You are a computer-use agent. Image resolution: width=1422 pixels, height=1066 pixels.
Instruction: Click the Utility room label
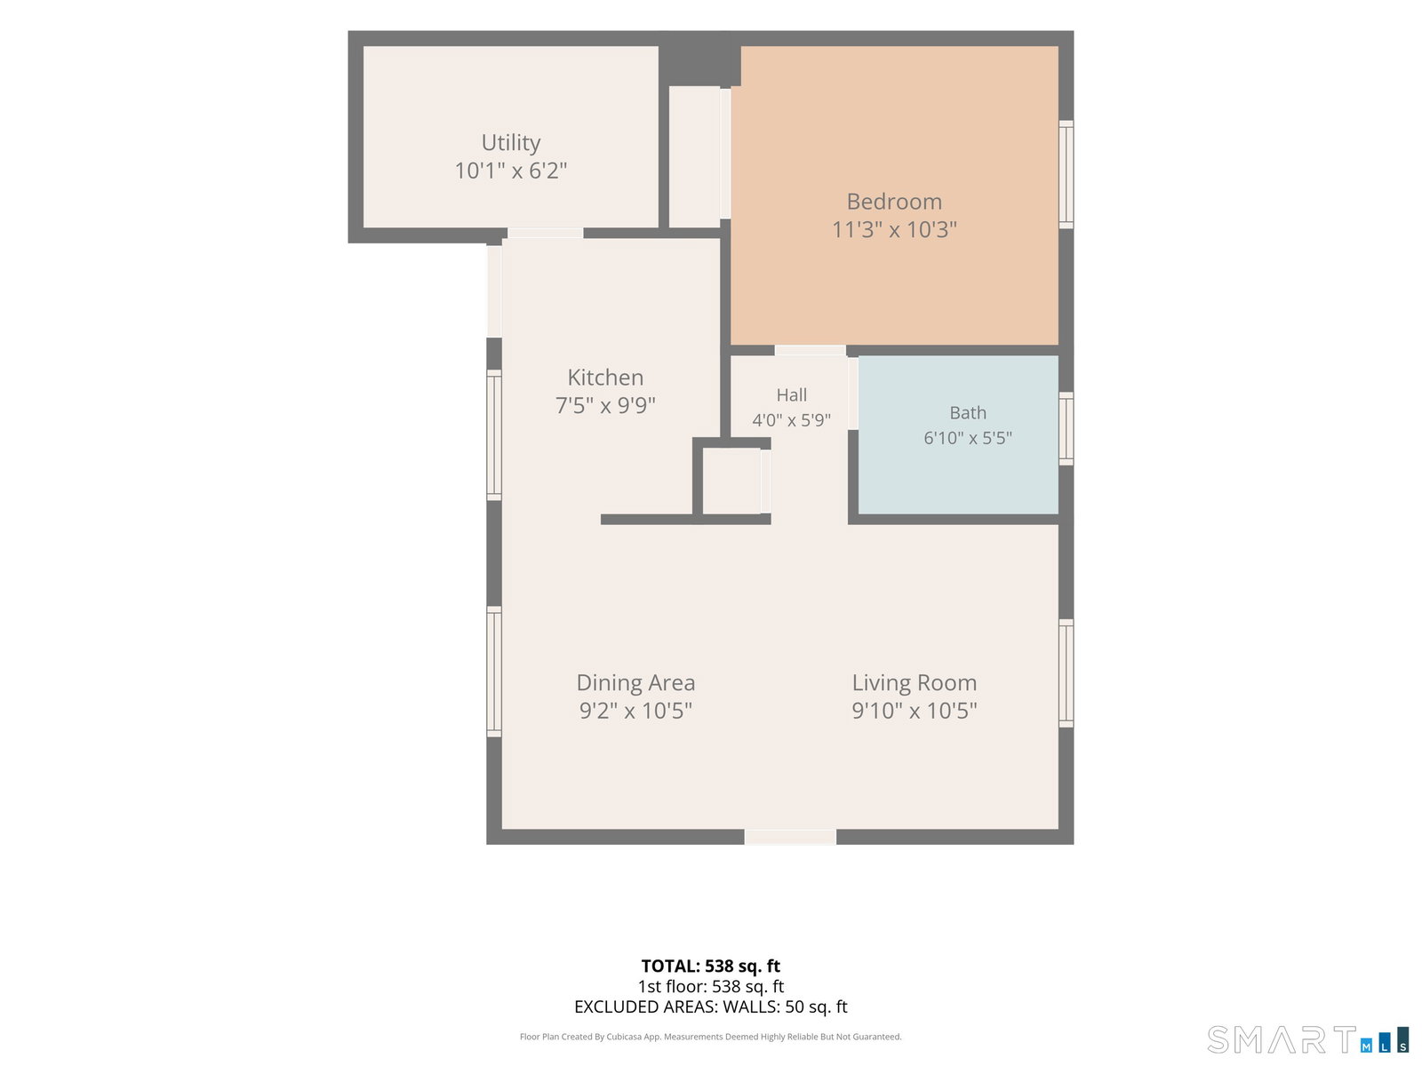(510, 143)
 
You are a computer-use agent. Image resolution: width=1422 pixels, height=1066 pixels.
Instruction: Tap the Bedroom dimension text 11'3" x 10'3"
(894, 229)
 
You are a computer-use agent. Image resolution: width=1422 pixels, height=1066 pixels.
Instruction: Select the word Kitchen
(605, 378)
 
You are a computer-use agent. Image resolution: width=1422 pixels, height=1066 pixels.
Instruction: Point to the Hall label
(792, 394)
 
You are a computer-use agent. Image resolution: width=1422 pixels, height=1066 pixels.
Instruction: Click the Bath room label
(968, 412)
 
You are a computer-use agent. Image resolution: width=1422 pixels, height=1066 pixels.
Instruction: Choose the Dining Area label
(635, 682)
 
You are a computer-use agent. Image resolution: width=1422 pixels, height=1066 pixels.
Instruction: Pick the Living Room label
(915, 682)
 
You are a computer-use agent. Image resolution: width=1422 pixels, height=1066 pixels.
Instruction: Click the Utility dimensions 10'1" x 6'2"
(510, 171)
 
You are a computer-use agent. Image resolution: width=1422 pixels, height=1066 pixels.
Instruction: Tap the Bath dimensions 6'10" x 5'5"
(968, 438)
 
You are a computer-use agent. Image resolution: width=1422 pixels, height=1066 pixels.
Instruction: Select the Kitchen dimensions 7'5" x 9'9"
(605, 405)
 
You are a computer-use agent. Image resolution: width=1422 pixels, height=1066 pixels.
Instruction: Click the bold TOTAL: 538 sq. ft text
(711, 966)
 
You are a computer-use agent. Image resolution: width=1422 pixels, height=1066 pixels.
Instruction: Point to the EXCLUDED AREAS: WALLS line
(711, 1006)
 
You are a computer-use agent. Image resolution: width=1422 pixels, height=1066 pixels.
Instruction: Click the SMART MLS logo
(1308, 1040)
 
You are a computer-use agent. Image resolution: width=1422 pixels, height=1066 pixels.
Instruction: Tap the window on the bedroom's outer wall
(1066, 174)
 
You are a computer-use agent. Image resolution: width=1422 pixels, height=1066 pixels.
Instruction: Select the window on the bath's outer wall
(1066, 428)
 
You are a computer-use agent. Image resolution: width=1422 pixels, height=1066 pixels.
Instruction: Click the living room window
(1066, 673)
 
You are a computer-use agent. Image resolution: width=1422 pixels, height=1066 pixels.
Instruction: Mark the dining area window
(493, 672)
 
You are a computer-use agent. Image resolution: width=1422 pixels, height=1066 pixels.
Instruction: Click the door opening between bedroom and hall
(810, 350)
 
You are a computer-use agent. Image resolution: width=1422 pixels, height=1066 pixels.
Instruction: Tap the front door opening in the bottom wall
(790, 837)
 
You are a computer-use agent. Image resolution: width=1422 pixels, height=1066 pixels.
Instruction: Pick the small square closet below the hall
(732, 481)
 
